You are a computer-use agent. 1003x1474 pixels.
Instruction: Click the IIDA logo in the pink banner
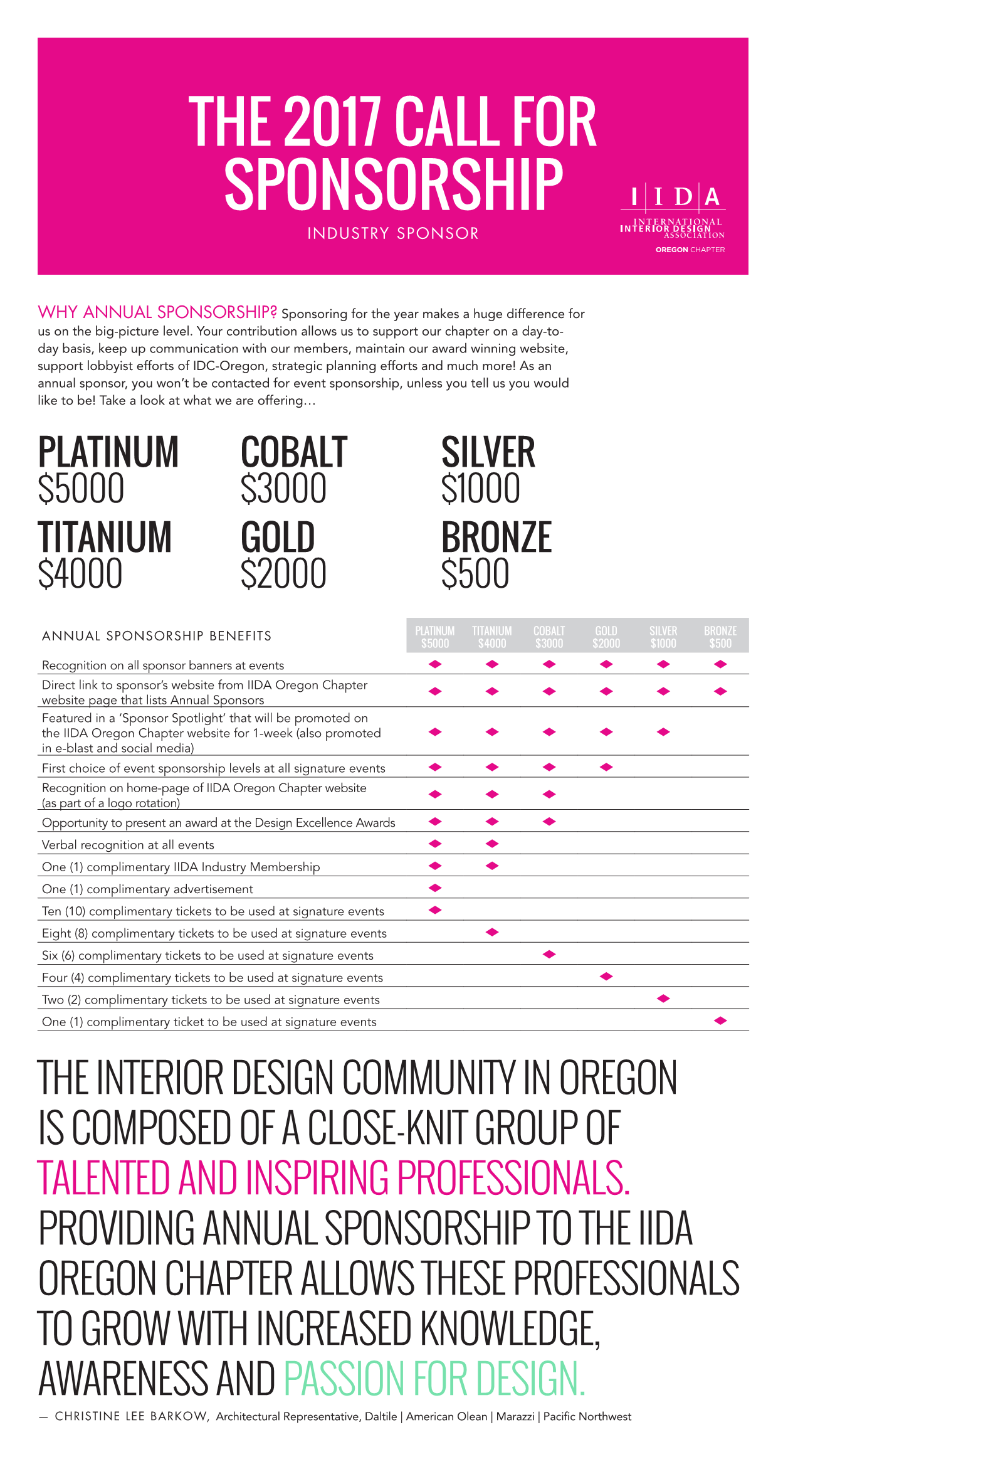(673, 216)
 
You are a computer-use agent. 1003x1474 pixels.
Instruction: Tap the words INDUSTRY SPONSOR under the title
(392, 233)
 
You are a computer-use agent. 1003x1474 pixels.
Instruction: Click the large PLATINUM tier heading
(108, 452)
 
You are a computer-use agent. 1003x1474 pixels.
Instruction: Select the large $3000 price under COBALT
(283, 489)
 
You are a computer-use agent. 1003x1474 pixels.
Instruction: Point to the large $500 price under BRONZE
(475, 574)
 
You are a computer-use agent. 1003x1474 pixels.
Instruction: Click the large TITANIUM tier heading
(105, 537)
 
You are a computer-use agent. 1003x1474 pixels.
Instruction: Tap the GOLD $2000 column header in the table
(606, 636)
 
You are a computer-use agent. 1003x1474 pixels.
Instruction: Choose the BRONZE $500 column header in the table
(720, 636)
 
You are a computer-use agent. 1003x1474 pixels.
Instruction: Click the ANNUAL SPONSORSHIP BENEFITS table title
(157, 635)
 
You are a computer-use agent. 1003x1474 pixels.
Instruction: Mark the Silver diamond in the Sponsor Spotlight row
(663, 732)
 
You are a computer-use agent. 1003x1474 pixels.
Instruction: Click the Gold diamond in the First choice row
(606, 767)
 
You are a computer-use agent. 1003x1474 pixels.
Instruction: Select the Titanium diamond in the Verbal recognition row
(492, 844)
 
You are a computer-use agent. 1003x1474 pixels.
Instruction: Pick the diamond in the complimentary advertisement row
(435, 888)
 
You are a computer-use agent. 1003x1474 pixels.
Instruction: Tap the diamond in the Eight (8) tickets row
(492, 931)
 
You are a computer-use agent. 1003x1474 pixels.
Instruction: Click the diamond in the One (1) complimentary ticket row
(720, 1021)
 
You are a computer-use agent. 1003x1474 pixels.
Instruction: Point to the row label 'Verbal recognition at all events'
(128, 845)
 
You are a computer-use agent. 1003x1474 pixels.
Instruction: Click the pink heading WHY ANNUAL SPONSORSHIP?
(157, 312)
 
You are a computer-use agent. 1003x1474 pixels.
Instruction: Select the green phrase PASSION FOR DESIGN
(434, 1378)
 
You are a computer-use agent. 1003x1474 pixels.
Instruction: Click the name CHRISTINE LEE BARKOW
(130, 1416)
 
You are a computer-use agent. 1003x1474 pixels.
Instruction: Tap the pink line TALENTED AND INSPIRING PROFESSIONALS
(333, 1178)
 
